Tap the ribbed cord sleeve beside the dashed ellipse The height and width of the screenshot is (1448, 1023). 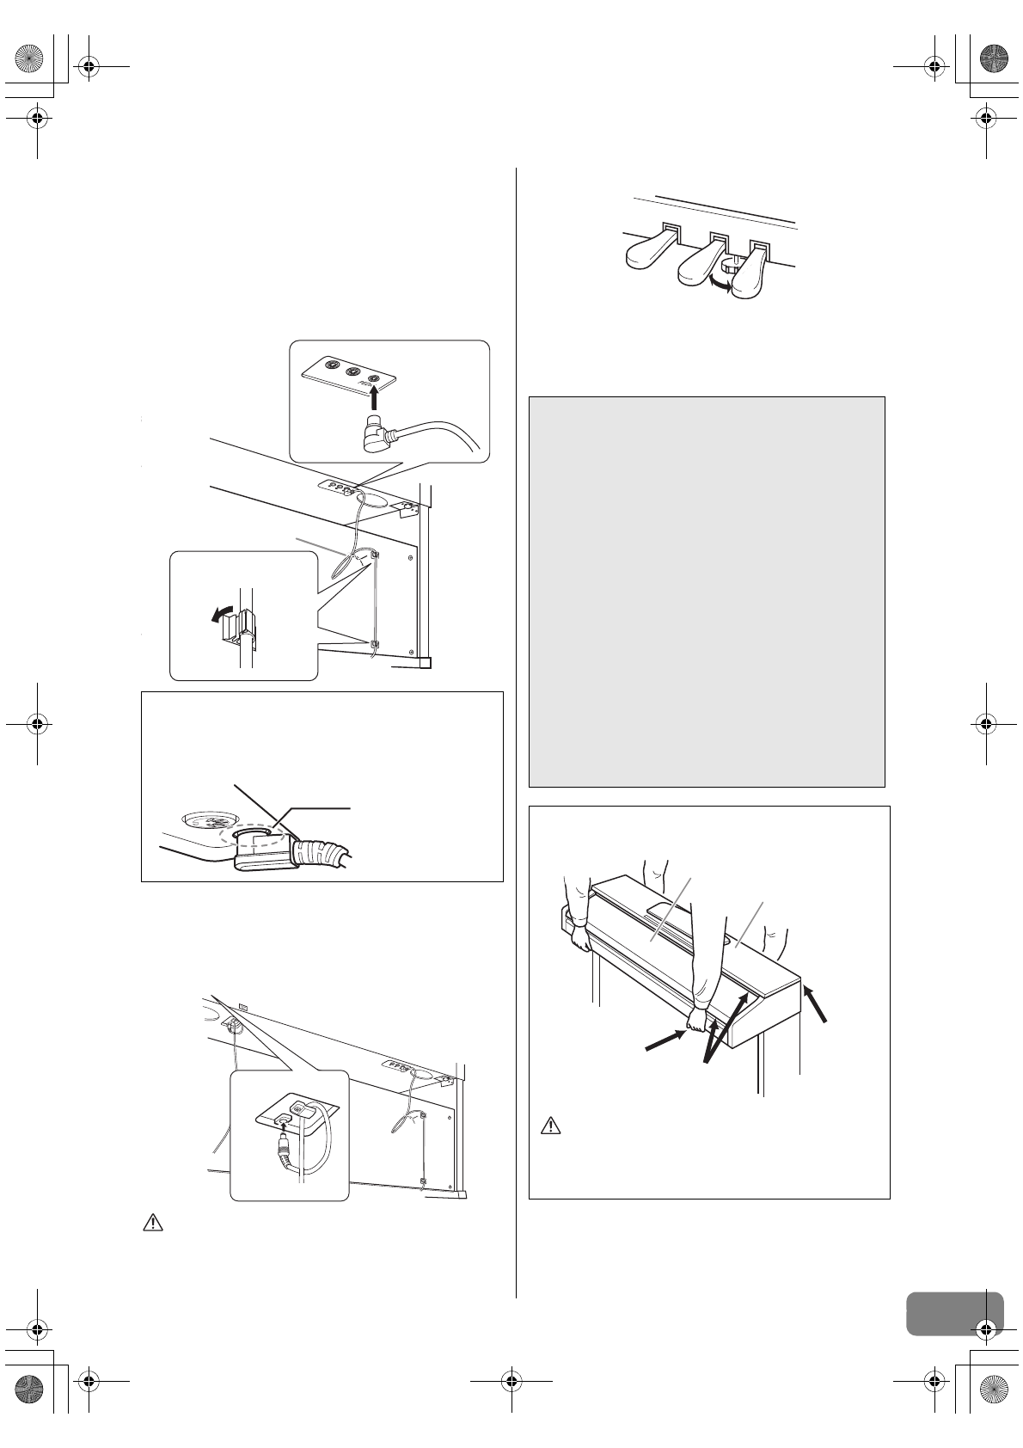click(319, 851)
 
